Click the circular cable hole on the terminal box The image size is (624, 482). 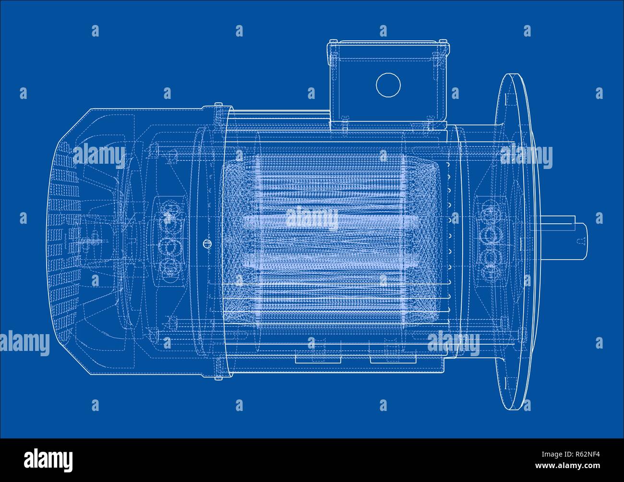coord(388,84)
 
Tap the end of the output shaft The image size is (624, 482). coord(587,241)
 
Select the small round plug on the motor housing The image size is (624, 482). coord(207,243)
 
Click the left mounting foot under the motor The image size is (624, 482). coord(318,360)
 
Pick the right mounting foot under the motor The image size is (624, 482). coord(393,360)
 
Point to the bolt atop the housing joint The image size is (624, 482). coord(218,105)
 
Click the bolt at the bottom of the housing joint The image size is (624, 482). coord(218,378)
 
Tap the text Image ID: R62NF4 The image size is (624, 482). coord(571,454)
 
